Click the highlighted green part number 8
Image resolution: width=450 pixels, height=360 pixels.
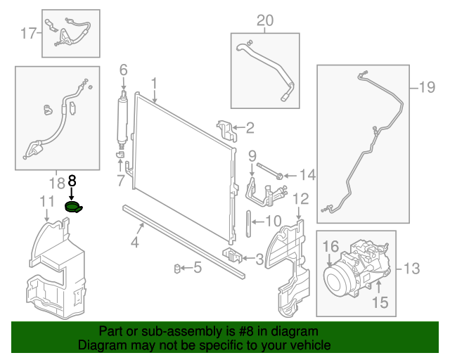[x=72, y=207]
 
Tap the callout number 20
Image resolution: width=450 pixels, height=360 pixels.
[x=264, y=20]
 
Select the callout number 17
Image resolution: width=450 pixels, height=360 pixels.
[x=28, y=32]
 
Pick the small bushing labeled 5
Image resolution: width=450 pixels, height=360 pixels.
[x=179, y=267]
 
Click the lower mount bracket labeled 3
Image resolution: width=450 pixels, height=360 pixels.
[x=233, y=255]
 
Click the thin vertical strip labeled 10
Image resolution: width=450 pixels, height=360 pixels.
[x=249, y=224]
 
